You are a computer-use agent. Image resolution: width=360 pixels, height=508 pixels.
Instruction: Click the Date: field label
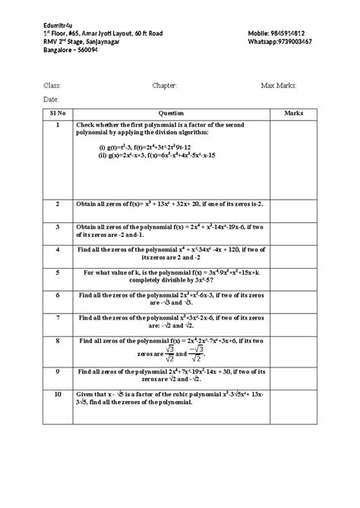pos(51,100)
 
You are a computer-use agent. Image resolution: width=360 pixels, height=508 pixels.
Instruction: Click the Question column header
pos(171,113)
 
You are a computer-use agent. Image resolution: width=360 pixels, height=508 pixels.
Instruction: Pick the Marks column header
pos(293,113)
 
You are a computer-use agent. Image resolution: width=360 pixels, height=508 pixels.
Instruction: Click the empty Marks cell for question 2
pos(293,210)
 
